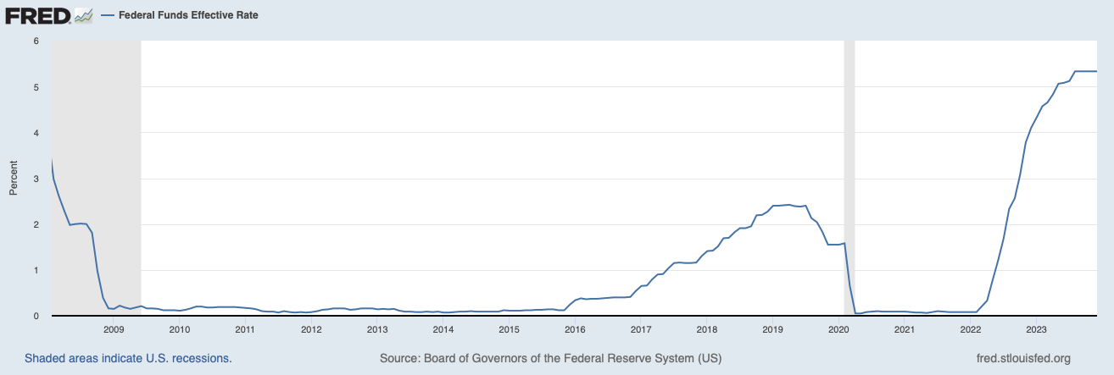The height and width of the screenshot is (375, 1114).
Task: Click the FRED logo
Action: (38, 15)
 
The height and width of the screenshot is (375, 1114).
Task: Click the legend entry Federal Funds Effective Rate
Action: (188, 15)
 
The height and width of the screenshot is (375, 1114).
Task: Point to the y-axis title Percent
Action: (13, 179)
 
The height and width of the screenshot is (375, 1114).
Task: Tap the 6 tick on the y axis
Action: (35, 41)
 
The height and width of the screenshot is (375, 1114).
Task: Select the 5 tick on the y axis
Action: (35, 87)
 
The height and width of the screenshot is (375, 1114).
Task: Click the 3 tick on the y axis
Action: (35, 179)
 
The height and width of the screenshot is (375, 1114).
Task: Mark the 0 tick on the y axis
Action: (35, 316)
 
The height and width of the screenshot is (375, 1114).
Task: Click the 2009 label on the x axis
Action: (114, 329)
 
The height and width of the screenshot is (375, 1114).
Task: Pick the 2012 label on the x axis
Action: (311, 329)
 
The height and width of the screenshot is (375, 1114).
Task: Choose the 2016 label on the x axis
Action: (575, 329)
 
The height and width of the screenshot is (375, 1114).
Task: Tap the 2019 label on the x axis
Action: (772, 329)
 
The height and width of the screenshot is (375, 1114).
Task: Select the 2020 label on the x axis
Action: (838, 329)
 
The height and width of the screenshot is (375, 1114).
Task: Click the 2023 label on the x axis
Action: (1036, 329)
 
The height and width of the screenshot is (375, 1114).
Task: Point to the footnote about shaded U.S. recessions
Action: (128, 359)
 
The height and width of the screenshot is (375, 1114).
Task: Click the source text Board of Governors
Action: (550, 359)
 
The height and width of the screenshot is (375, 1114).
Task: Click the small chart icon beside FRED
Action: (83, 15)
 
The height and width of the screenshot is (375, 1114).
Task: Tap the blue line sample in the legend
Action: (108, 15)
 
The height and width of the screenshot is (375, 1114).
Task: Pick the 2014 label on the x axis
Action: (443, 329)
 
